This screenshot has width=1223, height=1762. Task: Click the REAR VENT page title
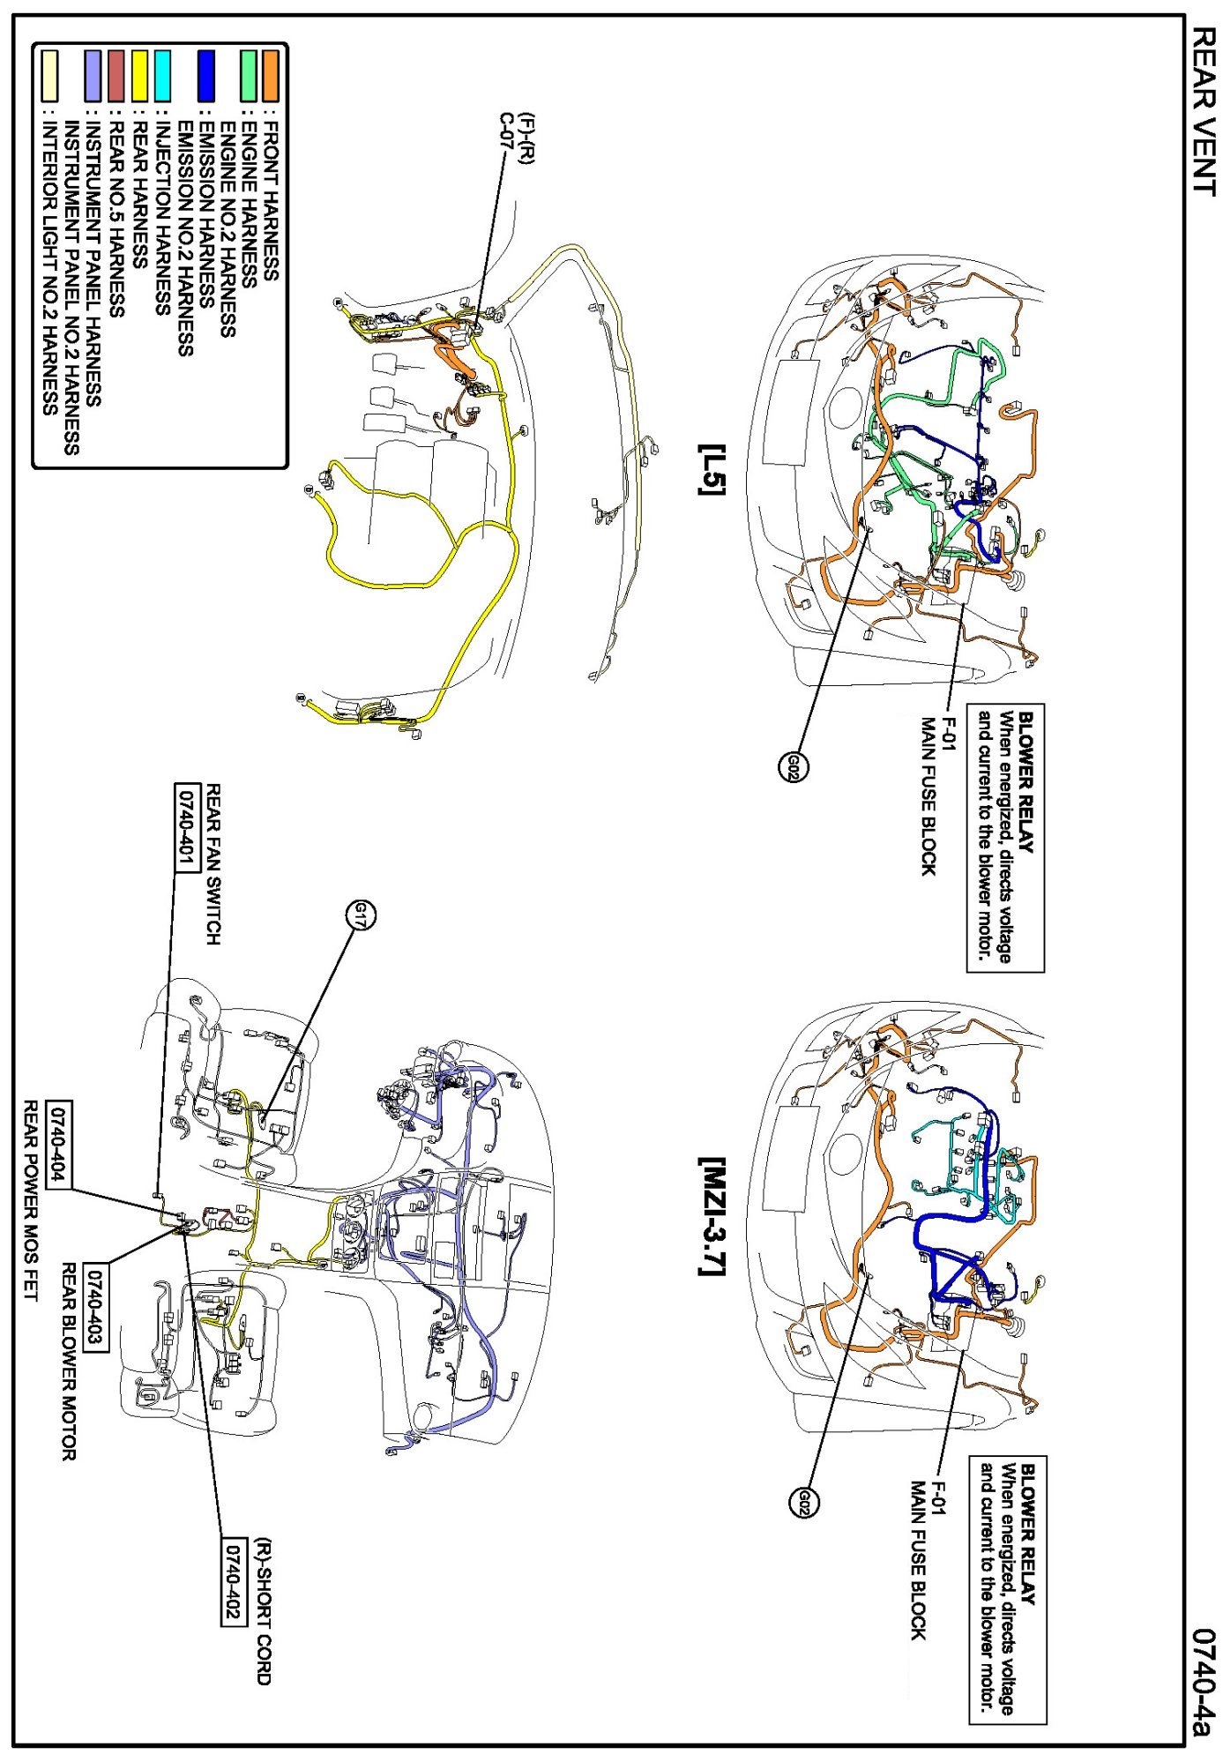(1203, 109)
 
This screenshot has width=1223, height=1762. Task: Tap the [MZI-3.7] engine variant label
(711, 1216)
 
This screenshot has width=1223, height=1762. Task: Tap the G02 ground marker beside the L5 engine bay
(793, 765)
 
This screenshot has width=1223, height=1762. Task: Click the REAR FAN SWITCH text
(213, 864)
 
